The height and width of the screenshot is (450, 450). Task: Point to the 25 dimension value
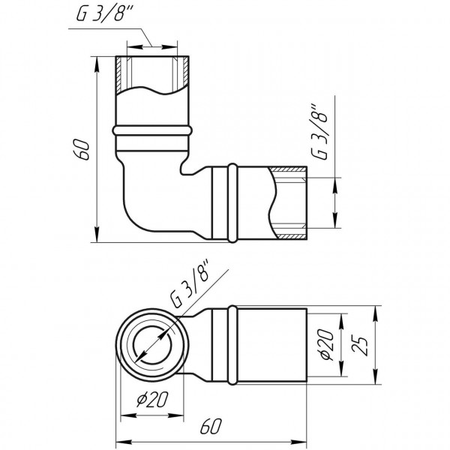364,346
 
